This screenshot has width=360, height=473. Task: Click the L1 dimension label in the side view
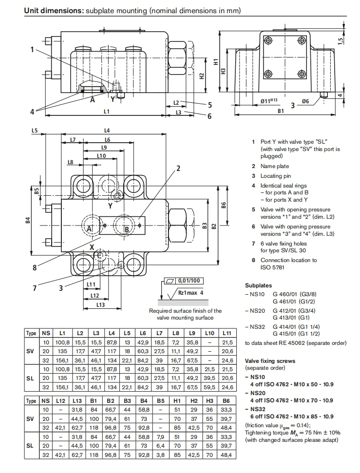click(x=106, y=112)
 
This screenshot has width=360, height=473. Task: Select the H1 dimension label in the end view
click(x=216, y=62)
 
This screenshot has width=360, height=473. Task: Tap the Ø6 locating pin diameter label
click(x=305, y=101)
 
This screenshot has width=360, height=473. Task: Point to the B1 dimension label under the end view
click(x=281, y=111)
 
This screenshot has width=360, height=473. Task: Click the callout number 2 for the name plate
click(x=178, y=169)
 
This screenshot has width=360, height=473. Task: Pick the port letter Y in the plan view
click(x=110, y=206)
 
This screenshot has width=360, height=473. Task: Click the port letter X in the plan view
click(x=92, y=247)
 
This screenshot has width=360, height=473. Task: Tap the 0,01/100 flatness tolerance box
click(x=189, y=281)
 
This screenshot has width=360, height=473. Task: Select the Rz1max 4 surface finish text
click(x=190, y=293)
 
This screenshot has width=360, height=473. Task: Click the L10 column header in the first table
click(x=209, y=333)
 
